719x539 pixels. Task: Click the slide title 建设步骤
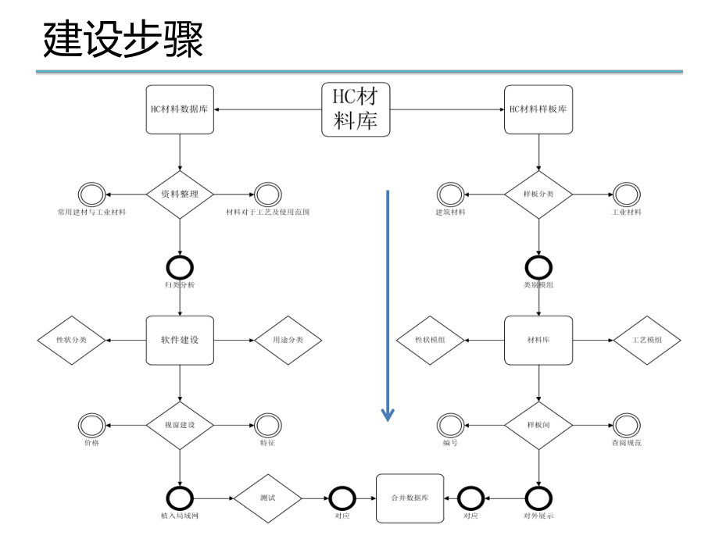point(123,40)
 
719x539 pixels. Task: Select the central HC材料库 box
point(356,109)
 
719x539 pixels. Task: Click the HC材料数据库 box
point(180,109)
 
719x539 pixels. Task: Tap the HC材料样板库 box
point(538,109)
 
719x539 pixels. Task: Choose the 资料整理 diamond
point(180,194)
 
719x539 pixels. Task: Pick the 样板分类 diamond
point(538,194)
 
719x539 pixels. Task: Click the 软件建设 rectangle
point(180,340)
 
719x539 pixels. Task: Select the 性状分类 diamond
point(71,340)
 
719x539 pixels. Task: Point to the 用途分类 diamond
point(288,340)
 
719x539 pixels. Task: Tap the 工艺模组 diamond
point(646,340)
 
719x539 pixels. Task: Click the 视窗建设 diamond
point(180,426)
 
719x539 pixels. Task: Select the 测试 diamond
point(268,498)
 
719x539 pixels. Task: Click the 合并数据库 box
point(410,498)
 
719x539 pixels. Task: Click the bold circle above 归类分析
point(180,267)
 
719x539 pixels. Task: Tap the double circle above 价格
point(91,426)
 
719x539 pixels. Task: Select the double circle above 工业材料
point(626,194)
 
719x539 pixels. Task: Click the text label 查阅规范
point(626,443)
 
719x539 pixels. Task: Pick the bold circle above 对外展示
point(538,498)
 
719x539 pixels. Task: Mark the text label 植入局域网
point(180,516)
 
